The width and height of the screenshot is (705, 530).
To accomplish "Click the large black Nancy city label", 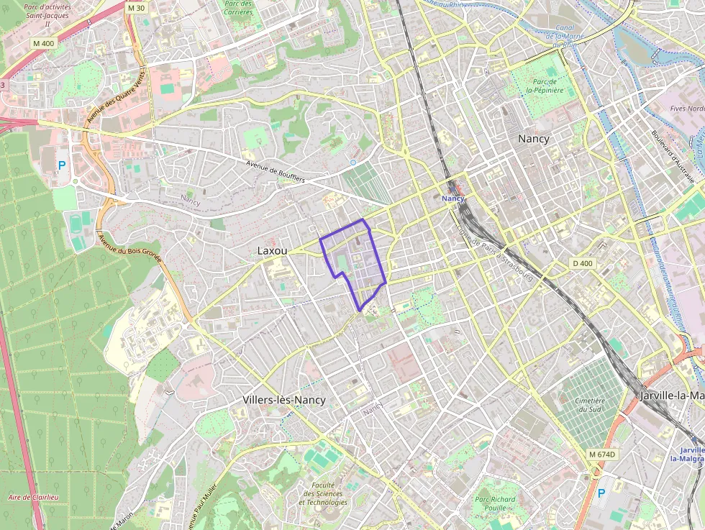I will tap(533, 139).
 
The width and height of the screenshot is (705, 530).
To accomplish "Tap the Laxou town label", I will tap(273, 251).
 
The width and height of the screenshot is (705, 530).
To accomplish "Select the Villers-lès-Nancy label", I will tap(284, 400).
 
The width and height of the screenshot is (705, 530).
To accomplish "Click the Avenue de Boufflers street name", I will tap(276, 173).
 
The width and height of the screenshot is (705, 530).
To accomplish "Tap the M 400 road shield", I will tap(43, 44).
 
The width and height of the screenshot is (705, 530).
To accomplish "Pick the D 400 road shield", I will tap(583, 264).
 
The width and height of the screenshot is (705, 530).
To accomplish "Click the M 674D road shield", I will tap(602, 454).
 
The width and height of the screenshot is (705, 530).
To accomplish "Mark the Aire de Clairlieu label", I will tap(33, 497).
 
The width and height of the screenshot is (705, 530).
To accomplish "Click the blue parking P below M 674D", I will tap(601, 494).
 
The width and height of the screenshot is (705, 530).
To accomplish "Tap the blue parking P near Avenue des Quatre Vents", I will tap(62, 166).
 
